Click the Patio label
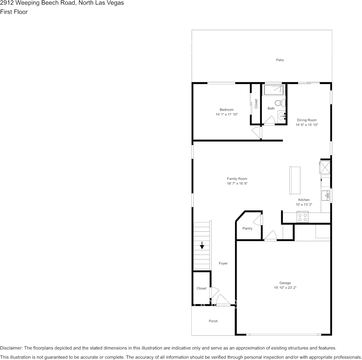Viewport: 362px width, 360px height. (280, 60)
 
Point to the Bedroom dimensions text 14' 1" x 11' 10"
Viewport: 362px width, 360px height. (226, 114)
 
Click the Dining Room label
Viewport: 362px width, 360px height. (307, 120)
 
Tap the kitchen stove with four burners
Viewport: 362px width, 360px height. (303, 217)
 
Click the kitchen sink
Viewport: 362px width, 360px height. (326, 196)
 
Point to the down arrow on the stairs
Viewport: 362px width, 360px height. (202, 245)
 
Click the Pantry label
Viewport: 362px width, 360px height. (247, 228)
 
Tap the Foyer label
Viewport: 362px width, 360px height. (223, 263)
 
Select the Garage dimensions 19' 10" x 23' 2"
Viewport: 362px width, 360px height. (285, 288)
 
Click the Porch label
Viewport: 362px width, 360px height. (213, 321)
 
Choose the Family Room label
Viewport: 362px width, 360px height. (237, 178)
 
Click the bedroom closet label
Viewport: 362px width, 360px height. (256, 104)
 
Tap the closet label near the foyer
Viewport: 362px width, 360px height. (201, 288)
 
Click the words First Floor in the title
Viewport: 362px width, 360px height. (14, 12)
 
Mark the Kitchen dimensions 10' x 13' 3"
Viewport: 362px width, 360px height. (304, 205)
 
